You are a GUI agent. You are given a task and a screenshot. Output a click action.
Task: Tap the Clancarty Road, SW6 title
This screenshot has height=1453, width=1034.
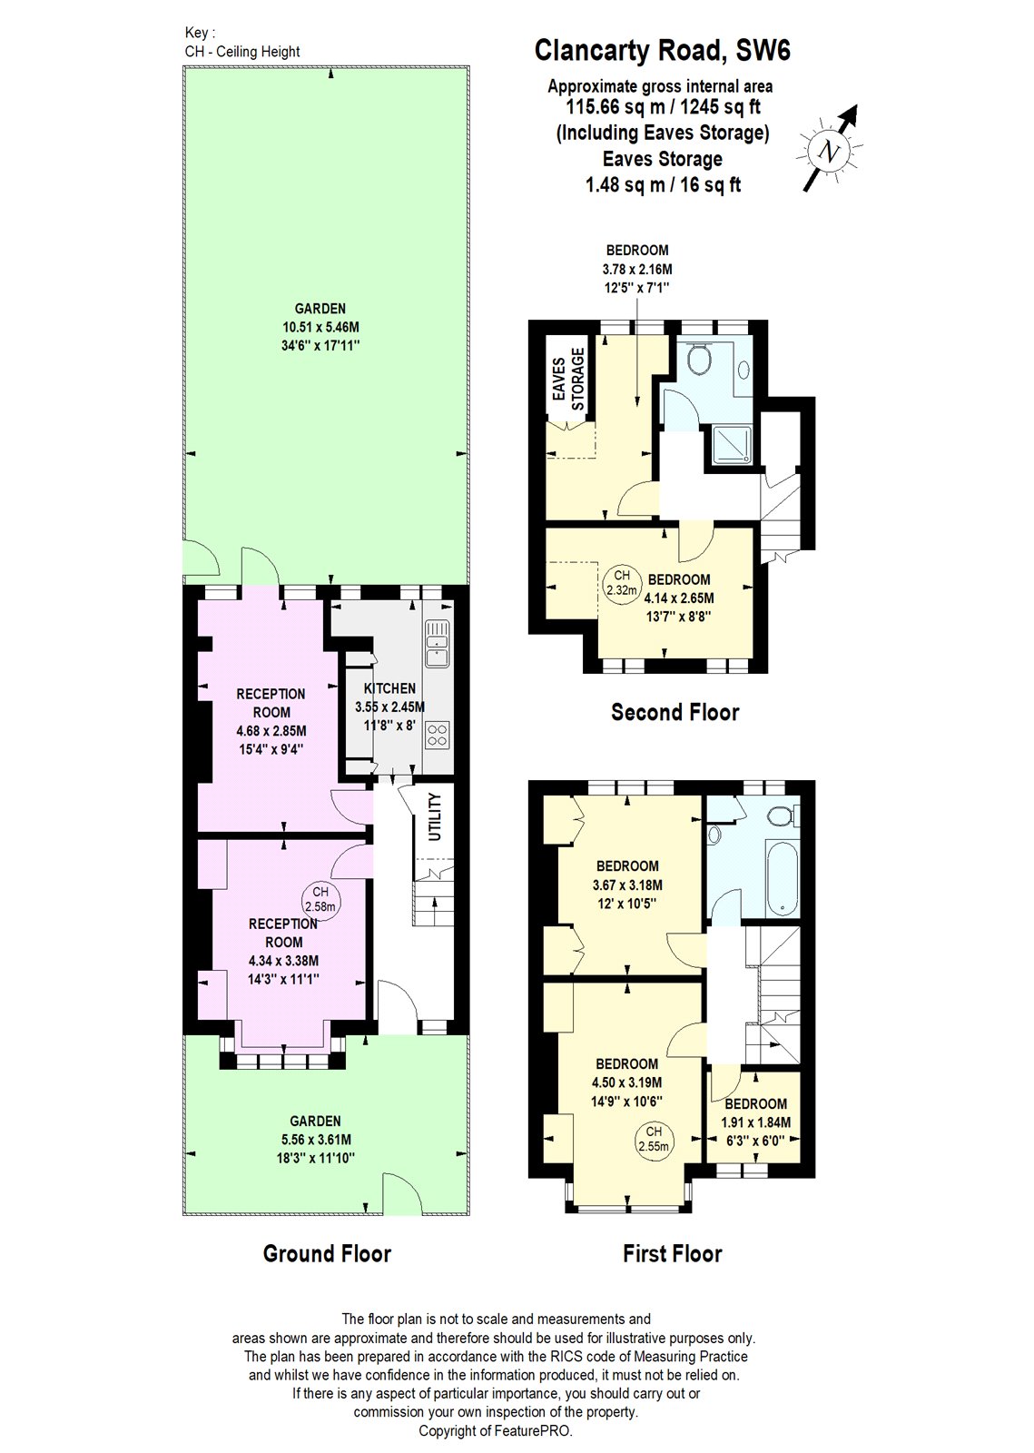tap(662, 50)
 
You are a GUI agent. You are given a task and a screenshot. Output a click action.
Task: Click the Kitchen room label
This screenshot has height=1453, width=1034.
tap(389, 688)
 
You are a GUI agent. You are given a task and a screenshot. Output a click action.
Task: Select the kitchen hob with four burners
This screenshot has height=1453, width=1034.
tap(438, 734)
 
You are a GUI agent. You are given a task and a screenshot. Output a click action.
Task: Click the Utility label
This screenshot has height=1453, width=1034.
tap(435, 816)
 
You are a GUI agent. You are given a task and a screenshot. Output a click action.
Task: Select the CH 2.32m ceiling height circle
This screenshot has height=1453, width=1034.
tap(622, 582)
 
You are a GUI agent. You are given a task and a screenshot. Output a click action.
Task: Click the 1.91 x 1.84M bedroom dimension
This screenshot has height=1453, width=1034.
tap(755, 1122)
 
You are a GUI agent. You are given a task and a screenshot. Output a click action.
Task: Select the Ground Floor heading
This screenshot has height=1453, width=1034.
tap(327, 1254)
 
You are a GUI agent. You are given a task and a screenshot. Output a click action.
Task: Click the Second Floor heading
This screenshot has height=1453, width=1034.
tap(675, 712)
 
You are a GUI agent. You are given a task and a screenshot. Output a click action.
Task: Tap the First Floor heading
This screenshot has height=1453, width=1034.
tap(672, 1254)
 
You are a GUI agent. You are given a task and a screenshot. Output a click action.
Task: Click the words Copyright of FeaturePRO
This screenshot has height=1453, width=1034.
tap(496, 1431)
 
